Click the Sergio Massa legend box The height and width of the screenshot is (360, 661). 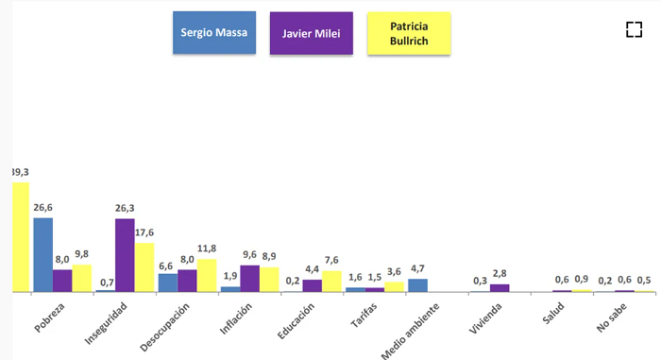coord(214,32)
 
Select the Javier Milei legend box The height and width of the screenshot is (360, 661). coord(312,33)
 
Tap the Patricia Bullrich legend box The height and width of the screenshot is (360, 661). coord(409,33)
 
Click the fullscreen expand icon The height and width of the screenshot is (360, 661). coord(634,29)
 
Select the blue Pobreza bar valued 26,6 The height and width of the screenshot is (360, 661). coord(43,255)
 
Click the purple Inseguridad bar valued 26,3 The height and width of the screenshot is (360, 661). coord(125,255)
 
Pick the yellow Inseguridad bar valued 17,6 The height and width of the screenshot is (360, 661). coord(144,267)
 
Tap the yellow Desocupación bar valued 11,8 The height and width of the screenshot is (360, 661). coord(207,275)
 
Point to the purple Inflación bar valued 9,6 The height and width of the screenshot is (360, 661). coord(249,279)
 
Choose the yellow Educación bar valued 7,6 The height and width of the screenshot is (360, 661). coord(331,281)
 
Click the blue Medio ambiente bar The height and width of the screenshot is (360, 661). coord(417,285)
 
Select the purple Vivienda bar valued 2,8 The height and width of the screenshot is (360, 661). coord(500,288)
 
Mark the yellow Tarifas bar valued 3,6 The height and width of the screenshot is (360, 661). coord(394,286)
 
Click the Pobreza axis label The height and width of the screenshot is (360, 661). coord(49,317)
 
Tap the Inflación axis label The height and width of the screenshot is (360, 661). coord(236,318)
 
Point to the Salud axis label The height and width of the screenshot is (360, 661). coord(553,313)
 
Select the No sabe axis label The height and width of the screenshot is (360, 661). coord(612,317)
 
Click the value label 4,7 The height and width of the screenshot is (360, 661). coord(417,269)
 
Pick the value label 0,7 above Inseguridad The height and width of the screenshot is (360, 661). coord(107,283)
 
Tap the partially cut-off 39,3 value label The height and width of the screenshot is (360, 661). coord(21,172)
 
